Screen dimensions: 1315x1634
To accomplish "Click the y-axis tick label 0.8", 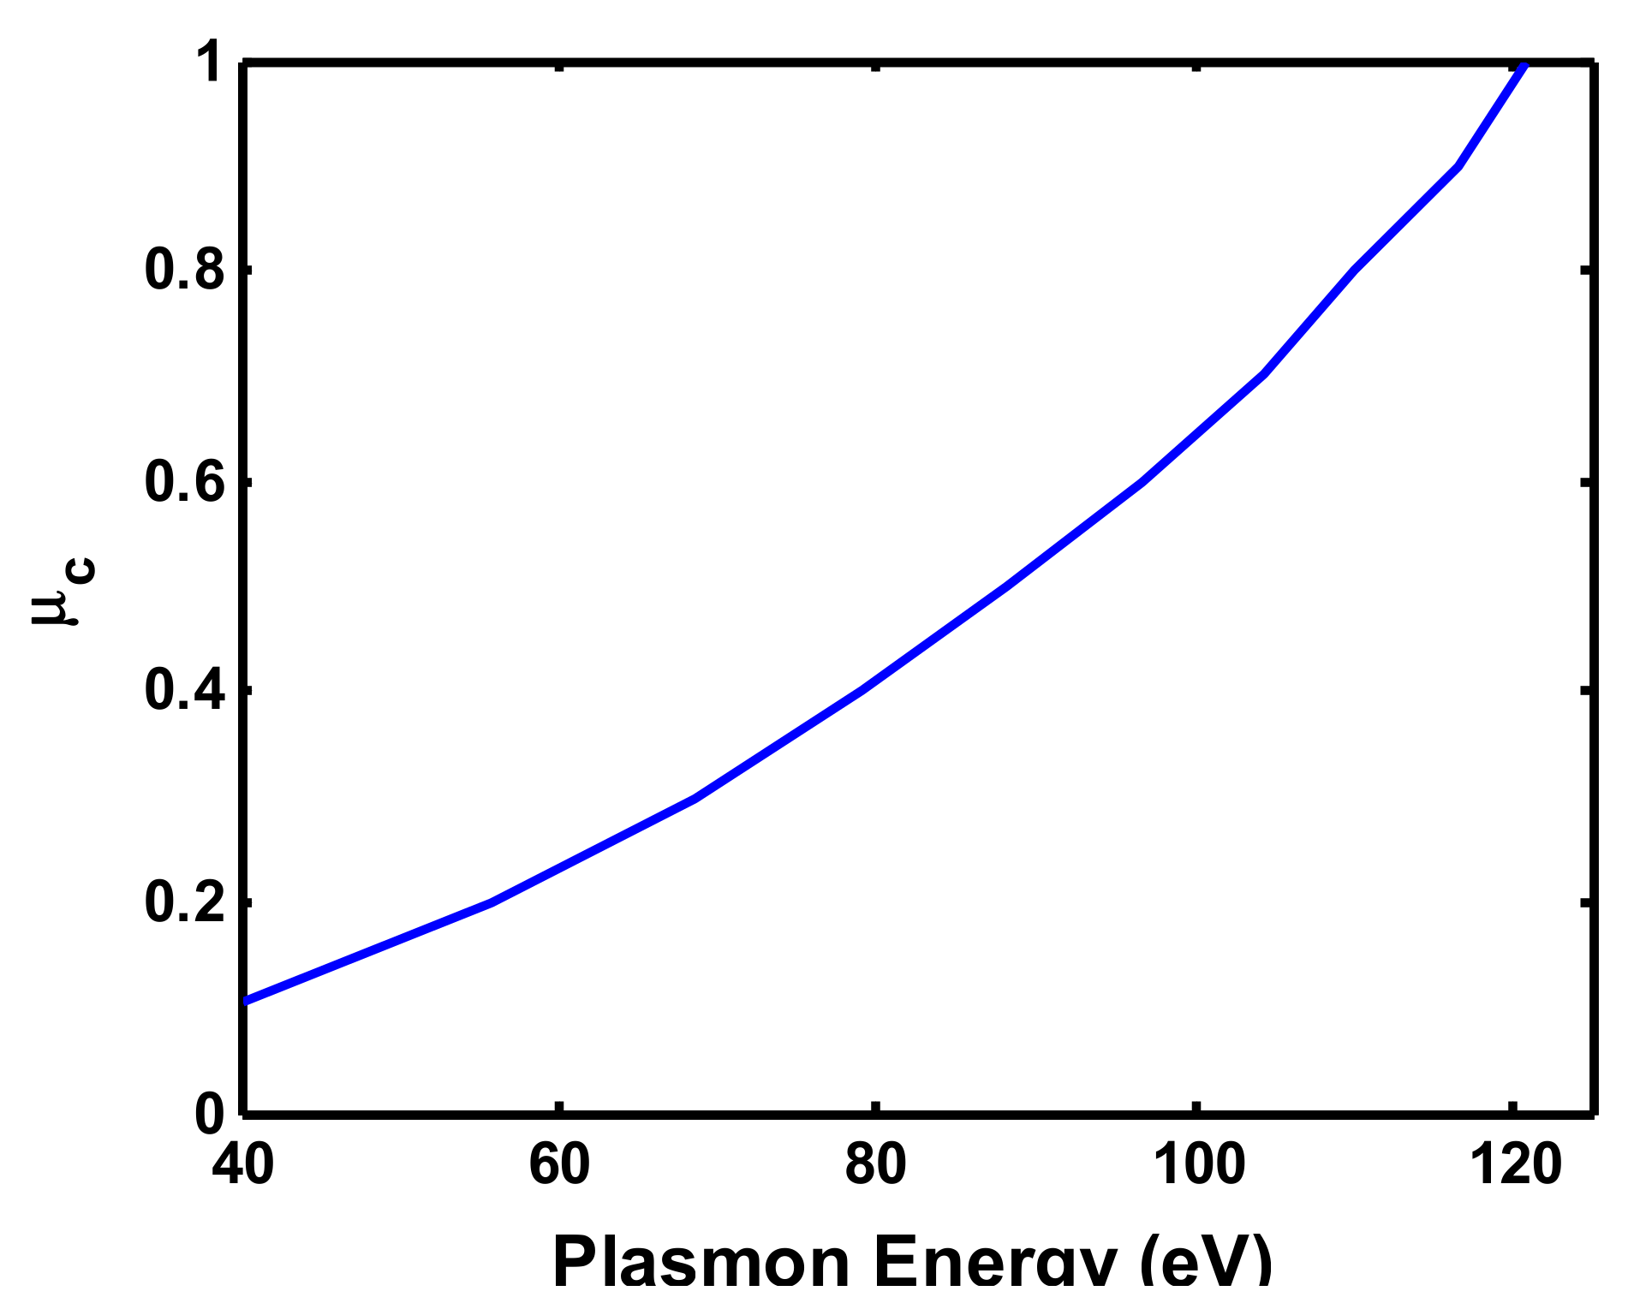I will (x=184, y=271).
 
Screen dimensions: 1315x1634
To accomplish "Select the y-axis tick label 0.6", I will (x=184, y=482).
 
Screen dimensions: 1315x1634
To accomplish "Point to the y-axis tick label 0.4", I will (x=184, y=690).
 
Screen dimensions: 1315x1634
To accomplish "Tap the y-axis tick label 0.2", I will (x=184, y=902).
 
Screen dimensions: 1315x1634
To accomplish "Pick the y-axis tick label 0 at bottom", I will (x=210, y=1114).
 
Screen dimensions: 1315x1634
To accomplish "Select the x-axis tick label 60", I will (x=559, y=1165).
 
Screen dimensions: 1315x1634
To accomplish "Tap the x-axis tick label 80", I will (x=875, y=1165).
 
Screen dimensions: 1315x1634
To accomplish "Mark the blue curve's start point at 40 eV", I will (x=247, y=1000).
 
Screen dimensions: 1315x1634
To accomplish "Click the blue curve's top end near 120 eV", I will (x=1524, y=66).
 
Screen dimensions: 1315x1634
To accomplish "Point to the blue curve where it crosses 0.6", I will (x=1142, y=482).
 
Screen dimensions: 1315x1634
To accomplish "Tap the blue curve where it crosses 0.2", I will (x=491, y=902).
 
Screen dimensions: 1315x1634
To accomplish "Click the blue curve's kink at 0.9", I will (x=1458, y=166).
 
